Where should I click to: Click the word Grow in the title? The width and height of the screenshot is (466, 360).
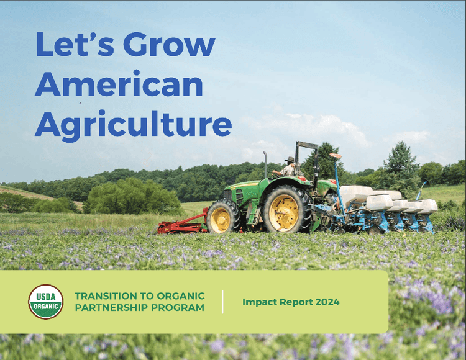(x=169, y=45)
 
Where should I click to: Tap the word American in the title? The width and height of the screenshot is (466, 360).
(x=119, y=84)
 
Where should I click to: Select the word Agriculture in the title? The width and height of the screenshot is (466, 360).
(x=133, y=124)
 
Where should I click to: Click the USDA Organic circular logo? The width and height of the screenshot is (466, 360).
(x=46, y=302)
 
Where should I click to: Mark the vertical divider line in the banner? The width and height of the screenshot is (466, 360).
(x=223, y=302)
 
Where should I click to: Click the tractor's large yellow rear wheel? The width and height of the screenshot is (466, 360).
(x=285, y=210)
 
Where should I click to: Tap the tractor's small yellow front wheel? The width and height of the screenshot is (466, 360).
(x=221, y=217)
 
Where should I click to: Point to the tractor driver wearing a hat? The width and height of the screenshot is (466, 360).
(x=289, y=166)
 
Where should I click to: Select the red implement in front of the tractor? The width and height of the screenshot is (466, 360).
(x=181, y=224)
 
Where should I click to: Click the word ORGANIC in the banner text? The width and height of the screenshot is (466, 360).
(x=182, y=296)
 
